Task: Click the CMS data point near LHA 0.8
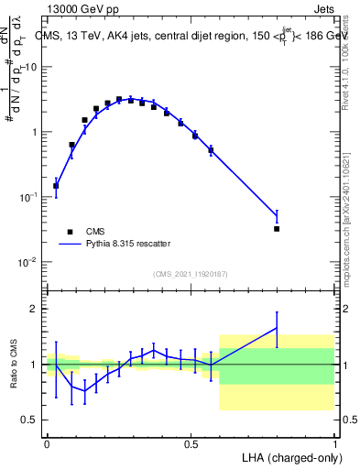(x=277, y=228)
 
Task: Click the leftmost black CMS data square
(x=56, y=186)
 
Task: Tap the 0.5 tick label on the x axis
(x=191, y=444)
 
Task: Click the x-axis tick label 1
(x=334, y=444)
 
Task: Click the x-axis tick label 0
(x=47, y=444)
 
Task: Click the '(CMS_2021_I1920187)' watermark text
(x=191, y=273)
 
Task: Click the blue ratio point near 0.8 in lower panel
(x=277, y=327)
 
